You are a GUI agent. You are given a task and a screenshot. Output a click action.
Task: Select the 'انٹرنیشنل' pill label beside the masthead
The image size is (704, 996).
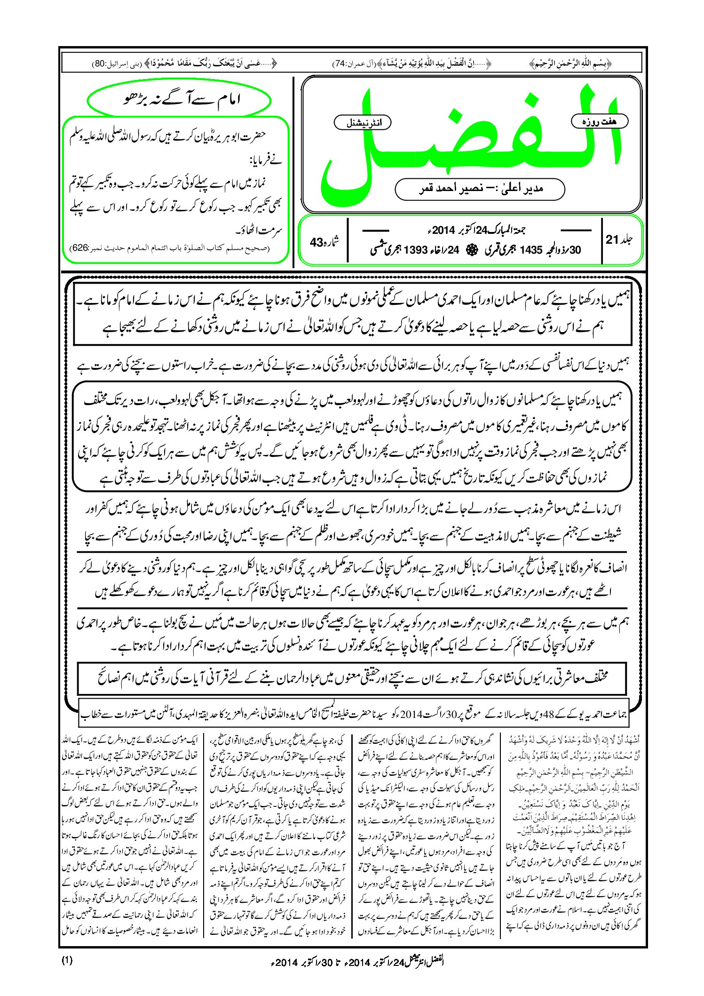[362, 123]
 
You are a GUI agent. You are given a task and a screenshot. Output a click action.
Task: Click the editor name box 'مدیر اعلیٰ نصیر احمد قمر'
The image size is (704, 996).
[480, 189]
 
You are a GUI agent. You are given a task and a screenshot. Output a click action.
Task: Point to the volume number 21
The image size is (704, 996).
[612, 239]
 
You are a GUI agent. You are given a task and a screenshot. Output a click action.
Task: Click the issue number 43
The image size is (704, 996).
[316, 242]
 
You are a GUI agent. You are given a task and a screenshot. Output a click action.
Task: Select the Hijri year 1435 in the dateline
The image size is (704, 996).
[531, 250]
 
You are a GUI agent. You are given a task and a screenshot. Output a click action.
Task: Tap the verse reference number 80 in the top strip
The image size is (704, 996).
[99, 63]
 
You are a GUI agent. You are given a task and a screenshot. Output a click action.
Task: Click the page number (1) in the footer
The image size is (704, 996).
[67, 960]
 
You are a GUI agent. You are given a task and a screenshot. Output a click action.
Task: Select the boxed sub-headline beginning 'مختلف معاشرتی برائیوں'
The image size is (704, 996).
[352, 678]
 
